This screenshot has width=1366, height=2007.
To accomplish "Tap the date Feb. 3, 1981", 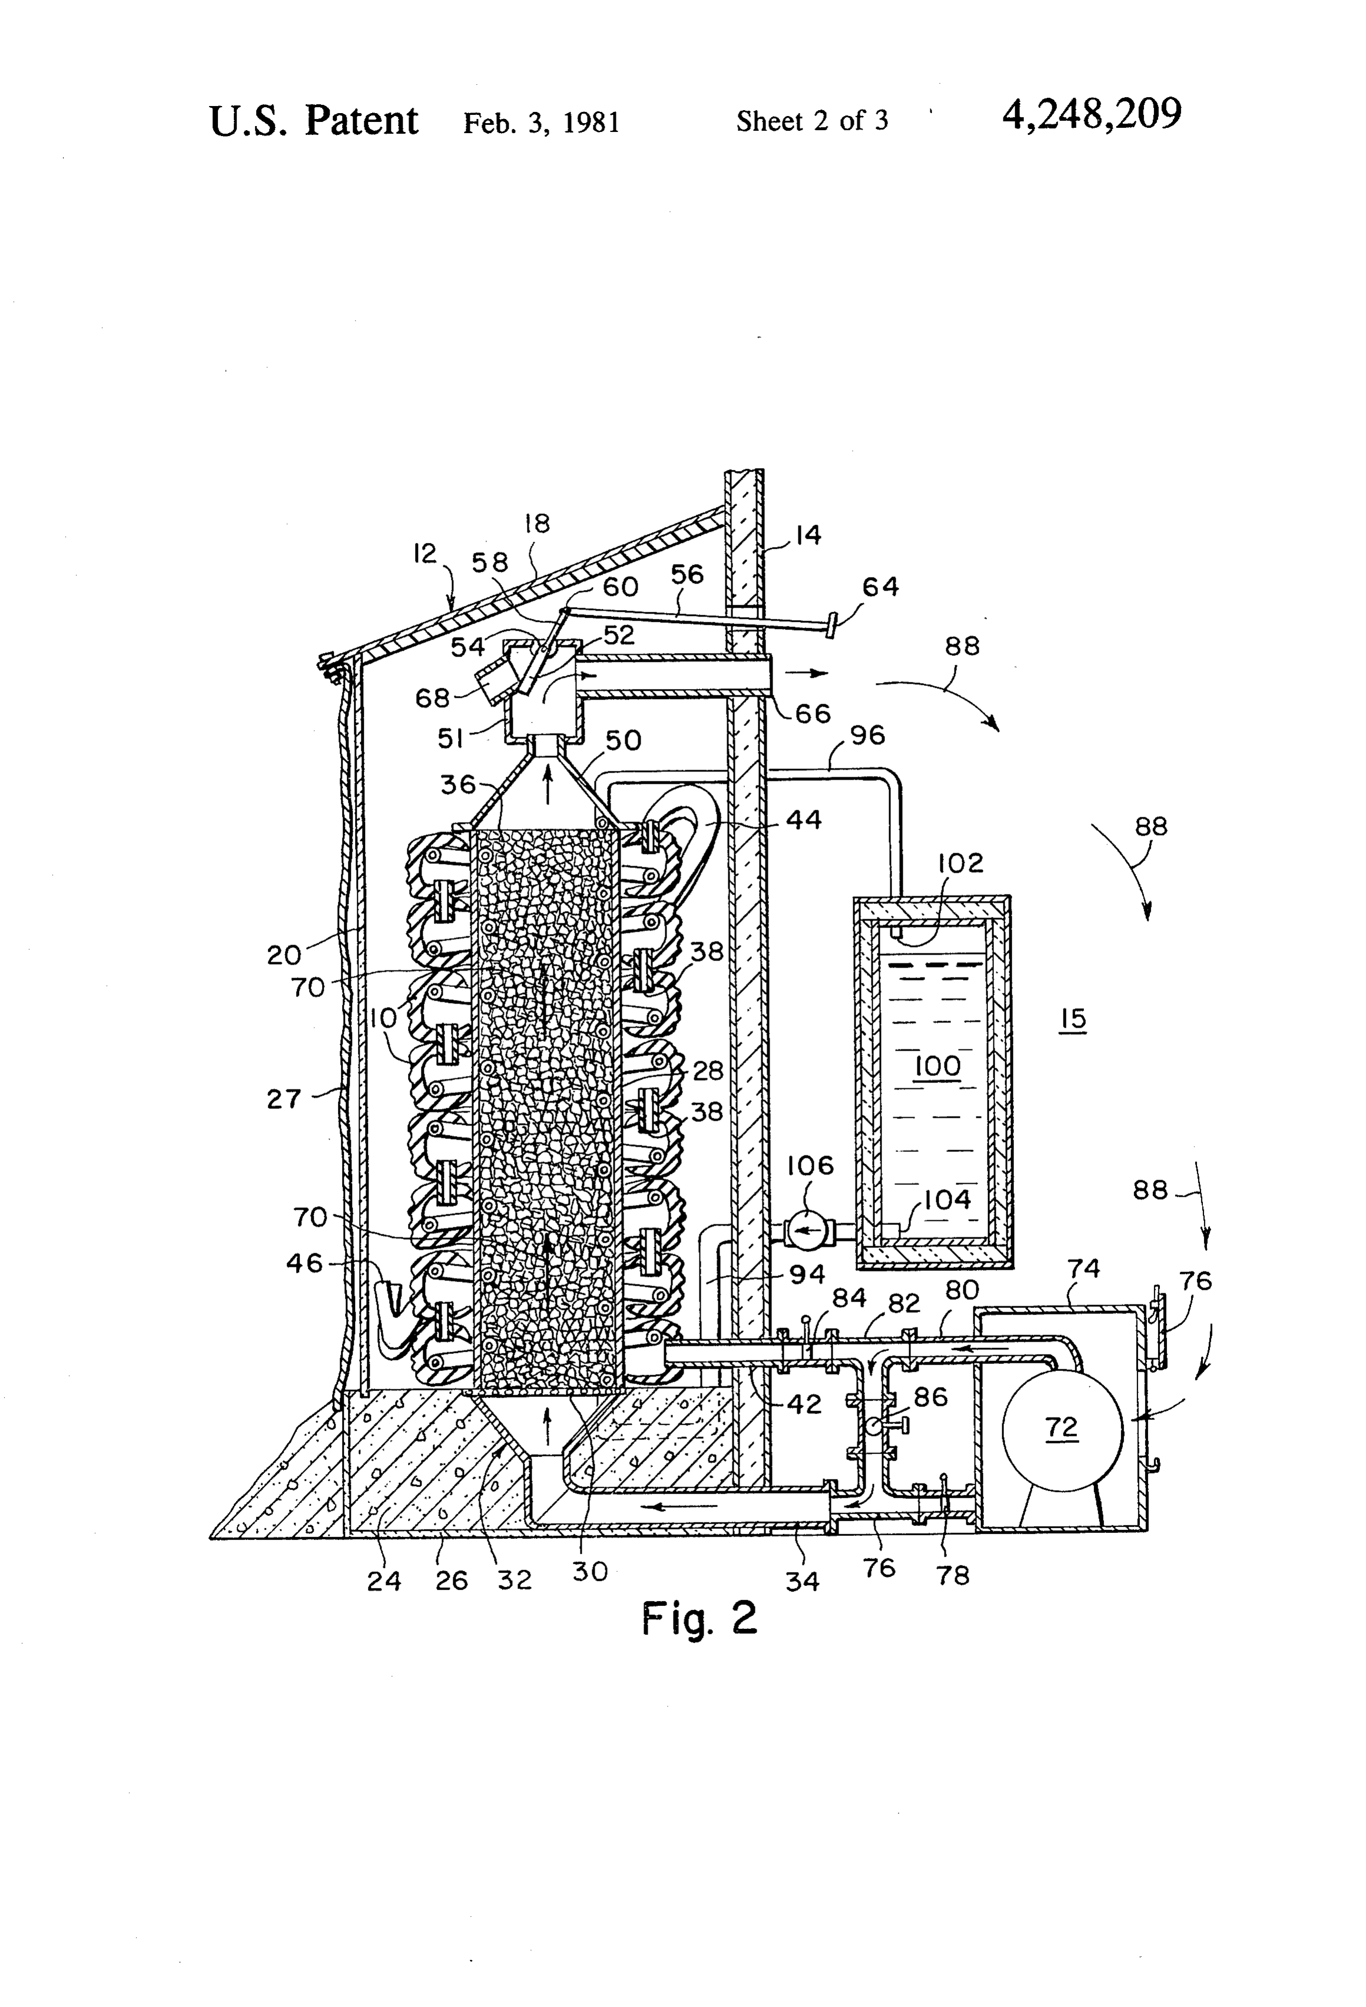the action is [x=541, y=122].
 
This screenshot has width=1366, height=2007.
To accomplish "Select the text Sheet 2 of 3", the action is [x=812, y=121].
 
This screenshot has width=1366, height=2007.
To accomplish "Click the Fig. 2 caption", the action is [x=698, y=1618].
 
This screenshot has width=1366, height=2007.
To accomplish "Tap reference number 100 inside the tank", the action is [x=937, y=1067].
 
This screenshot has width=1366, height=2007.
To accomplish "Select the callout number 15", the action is [x=1072, y=1018].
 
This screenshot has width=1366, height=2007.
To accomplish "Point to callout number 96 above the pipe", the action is [x=867, y=735].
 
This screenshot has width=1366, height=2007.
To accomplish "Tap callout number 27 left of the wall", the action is [x=283, y=1099].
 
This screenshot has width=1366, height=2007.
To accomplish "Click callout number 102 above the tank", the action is [x=960, y=863].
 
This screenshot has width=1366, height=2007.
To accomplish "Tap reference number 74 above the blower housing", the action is [x=1083, y=1268].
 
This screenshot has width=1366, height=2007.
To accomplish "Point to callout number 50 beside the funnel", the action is [x=622, y=740].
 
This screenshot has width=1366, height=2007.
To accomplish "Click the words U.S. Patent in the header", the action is [x=313, y=120].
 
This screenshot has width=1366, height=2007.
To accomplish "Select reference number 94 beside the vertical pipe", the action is [x=807, y=1274].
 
